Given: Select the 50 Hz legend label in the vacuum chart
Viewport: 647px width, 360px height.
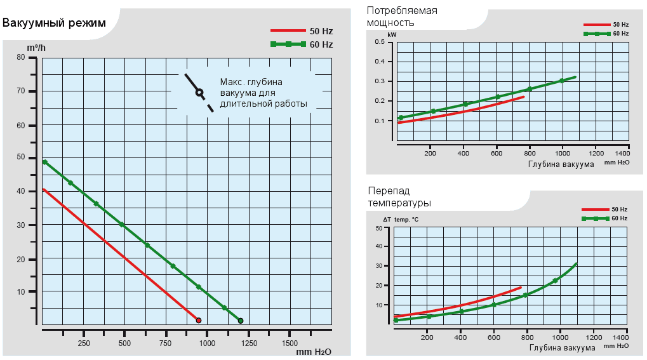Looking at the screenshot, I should click(x=321, y=30).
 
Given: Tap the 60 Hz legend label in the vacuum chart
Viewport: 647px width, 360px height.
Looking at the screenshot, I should click(x=321, y=44).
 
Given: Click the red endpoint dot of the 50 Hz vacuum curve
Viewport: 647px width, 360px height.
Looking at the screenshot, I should click(x=199, y=321).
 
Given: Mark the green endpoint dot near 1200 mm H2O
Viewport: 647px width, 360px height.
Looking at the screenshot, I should click(x=241, y=321).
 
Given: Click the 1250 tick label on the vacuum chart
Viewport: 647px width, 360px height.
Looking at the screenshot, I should click(x=248, y=343).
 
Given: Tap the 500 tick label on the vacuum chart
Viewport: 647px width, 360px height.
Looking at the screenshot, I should click(x=124, y=343).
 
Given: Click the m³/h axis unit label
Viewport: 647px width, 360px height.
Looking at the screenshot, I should click(x=36, y=47).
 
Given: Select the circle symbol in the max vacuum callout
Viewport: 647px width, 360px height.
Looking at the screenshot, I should click(x=199, y=92).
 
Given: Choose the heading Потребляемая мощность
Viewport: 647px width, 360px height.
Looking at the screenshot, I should click(x=402, y=17).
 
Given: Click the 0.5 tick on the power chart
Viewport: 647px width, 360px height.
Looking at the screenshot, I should click(x=380, y=42).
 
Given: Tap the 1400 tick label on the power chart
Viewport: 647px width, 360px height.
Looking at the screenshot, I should click(x=623, y=154).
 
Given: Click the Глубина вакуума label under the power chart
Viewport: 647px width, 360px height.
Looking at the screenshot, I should click(x=561, y=164).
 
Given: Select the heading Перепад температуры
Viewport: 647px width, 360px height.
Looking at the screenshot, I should click(x=399, y=197).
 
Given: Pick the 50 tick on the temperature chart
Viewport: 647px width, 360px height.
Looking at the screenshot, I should click(x=378, y=227).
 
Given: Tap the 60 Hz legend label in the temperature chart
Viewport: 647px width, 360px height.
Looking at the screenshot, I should click(x=620, y=218).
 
